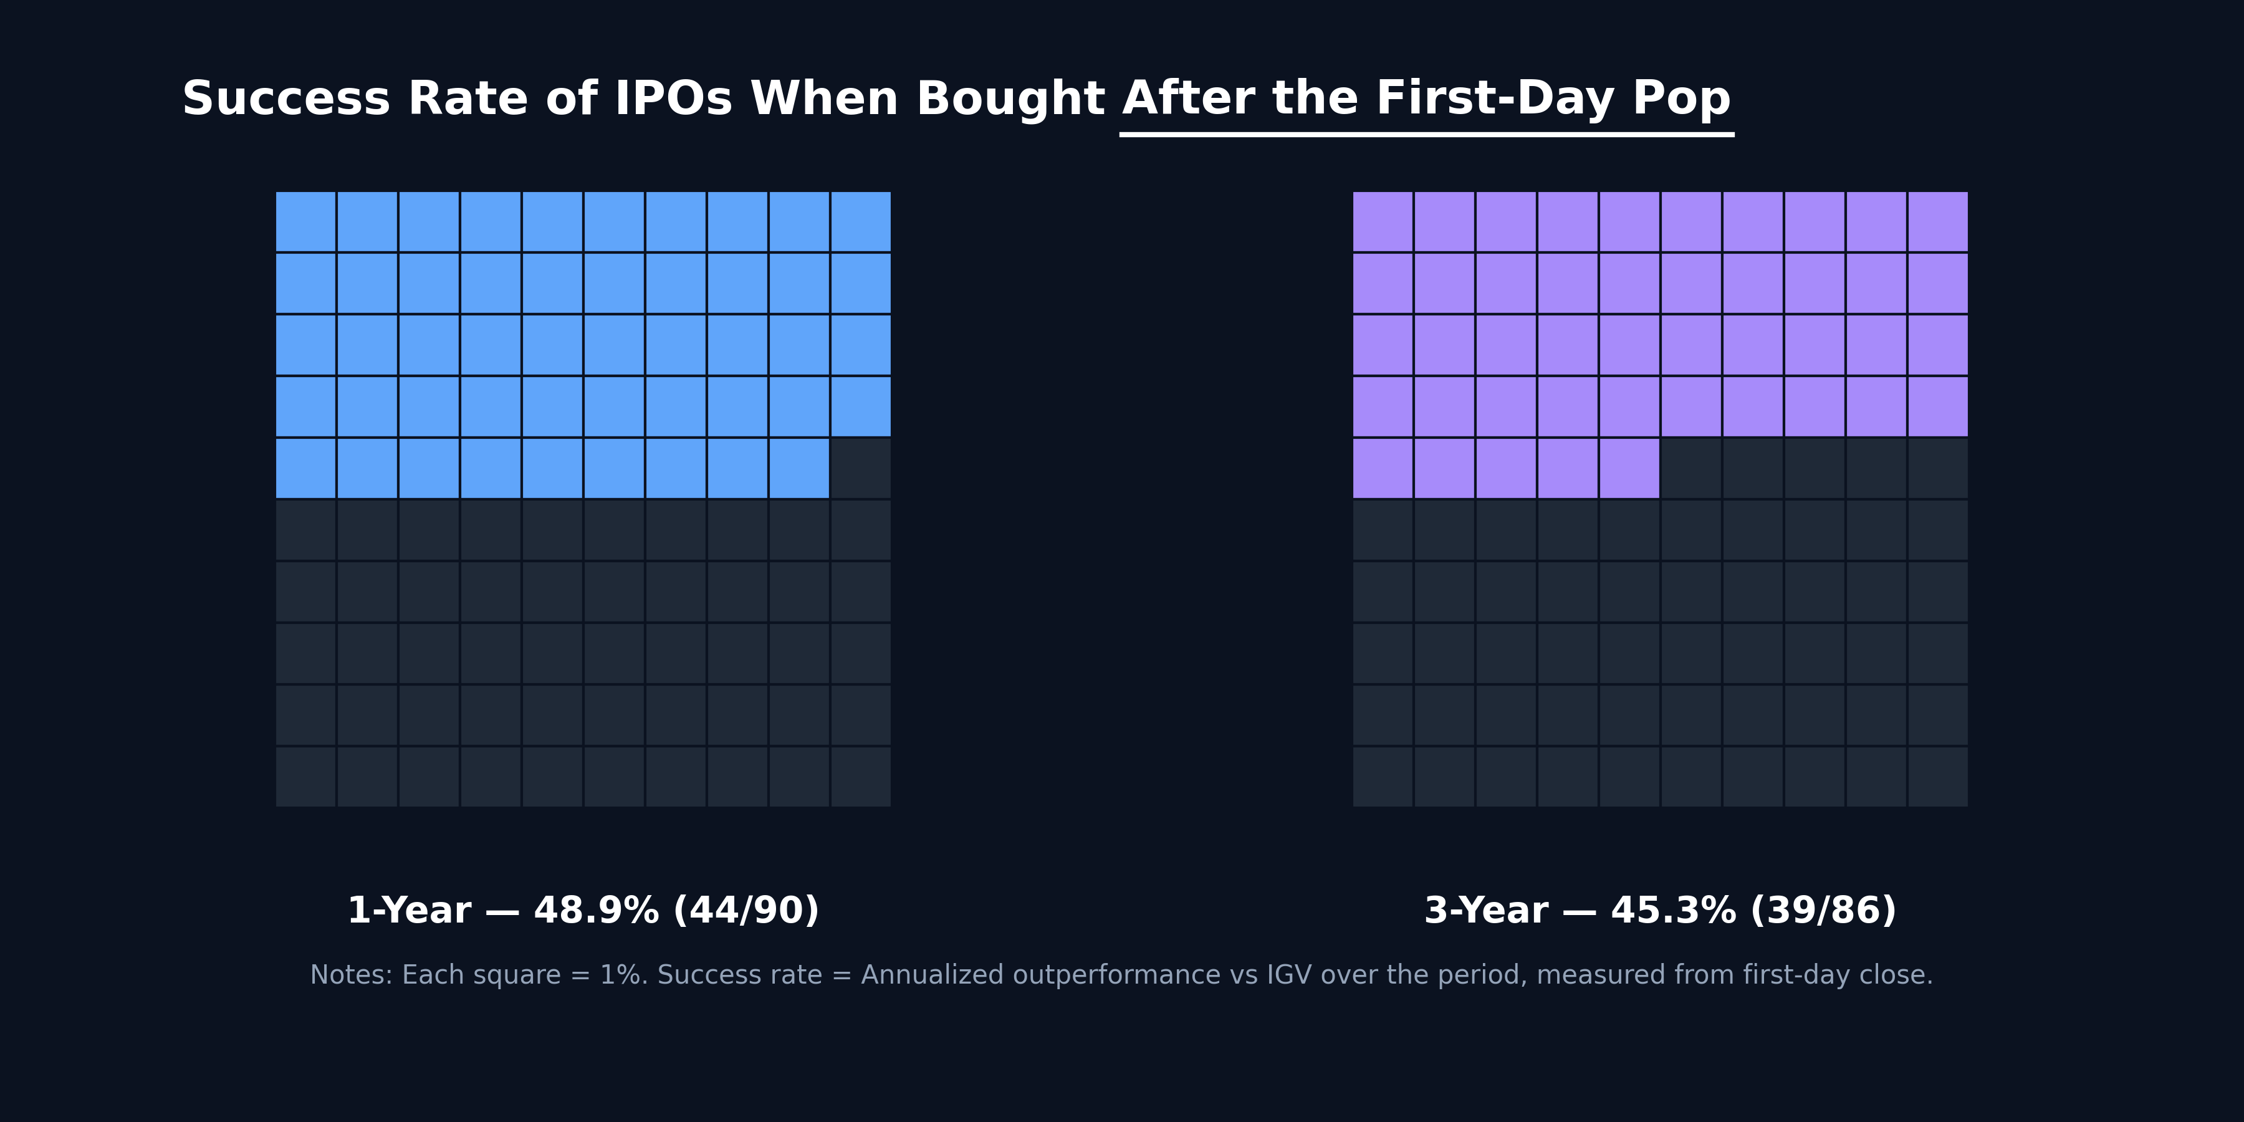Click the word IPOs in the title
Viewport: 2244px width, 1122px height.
click(673, 98)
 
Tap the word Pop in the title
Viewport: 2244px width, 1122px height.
click(1681, 98)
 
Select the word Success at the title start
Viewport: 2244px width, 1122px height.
click(285, 98)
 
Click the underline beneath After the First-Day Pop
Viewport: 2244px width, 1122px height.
click(1426, 134)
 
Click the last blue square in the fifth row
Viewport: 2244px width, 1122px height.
click(799, 467)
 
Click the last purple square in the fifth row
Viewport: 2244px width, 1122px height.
click(1629, 467)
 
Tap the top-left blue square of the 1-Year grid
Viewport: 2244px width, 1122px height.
click(306, 221)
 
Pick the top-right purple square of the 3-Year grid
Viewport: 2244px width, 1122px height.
click(1937, 221)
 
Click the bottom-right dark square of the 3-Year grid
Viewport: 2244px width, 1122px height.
click(1937, 776)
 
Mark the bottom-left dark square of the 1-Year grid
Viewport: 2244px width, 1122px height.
click(306, 776)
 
